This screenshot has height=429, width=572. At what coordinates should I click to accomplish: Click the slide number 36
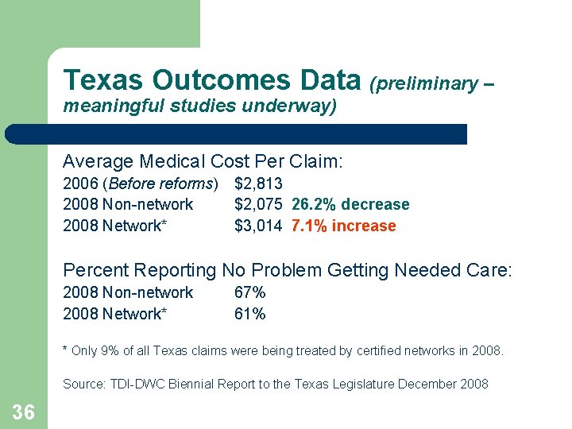pyautogui.click(x=23, y=412)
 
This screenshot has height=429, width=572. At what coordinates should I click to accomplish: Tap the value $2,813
pyautogui.click(x=258, y=184)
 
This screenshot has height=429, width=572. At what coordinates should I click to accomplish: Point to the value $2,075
pyautogui.click(x=258, y=205)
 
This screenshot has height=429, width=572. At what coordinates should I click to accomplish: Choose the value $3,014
pyautogui.click(x=258, y=226)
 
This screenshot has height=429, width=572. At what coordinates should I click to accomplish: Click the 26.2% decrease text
pyautogui.click(x=350, y=205)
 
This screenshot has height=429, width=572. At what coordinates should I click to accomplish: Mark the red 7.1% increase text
pyautogui.click(x=343, y=226)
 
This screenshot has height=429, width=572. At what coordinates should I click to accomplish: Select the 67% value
pyautogui.click(x=249, y=292)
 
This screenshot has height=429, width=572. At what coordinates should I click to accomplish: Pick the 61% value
pyautogui.click(x=249, y=314)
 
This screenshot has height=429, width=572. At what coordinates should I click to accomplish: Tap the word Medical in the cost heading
pyautogui.click(x=172, y=161)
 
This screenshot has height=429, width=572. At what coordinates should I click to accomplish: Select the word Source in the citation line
pyautogui.click(x=83, y=385)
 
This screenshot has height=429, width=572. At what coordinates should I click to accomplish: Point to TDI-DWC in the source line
pyautogui.click(x=136, y=385)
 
